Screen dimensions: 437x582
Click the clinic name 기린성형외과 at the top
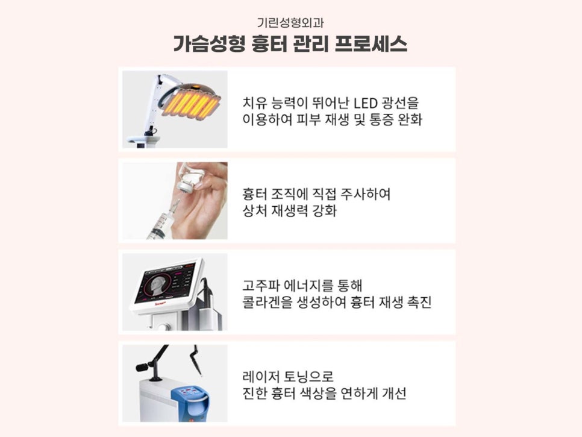click(290, 24)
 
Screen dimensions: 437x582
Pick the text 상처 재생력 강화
click(289, 213)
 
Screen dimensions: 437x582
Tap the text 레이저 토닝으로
click(287, 376)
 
